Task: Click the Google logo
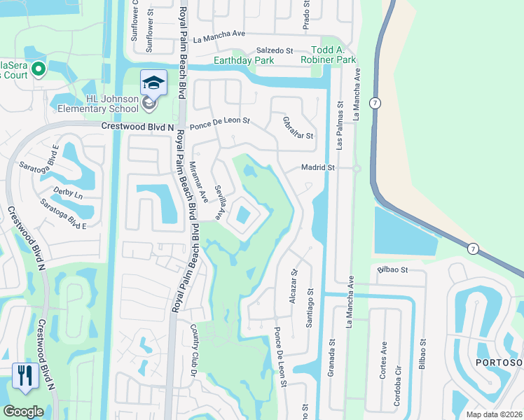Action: (x=23, y=412)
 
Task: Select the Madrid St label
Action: (x=319, y=168)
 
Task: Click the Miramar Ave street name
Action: (x=198, y=182)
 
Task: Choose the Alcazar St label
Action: (x=294, y=281)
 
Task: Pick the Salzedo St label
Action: (x=274, y=51)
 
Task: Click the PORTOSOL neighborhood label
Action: (x=499, y=362)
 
